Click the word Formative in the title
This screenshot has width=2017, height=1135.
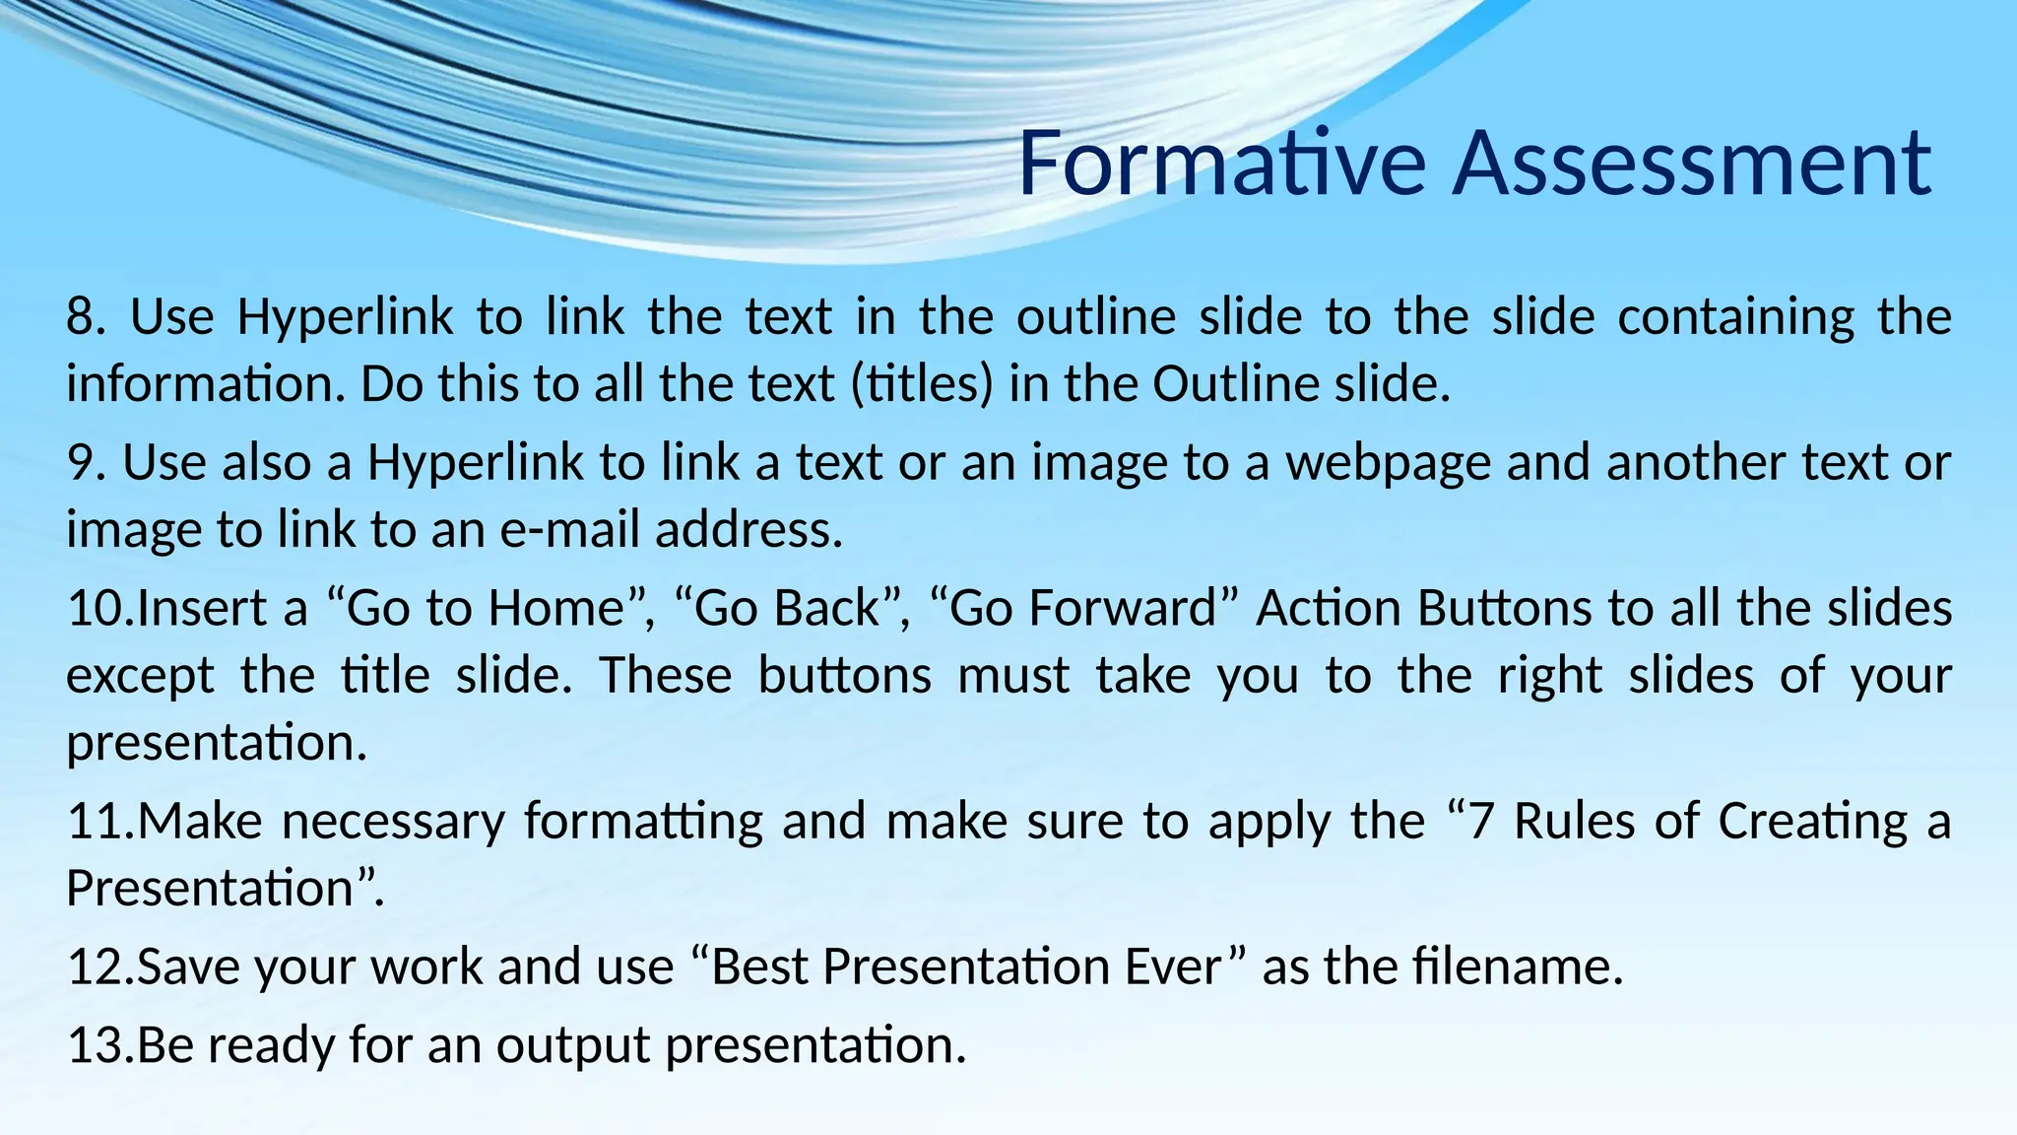pyautogui.click(x=1221, y=163)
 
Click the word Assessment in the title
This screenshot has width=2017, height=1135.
pyautogui.click(x=1691, y=163)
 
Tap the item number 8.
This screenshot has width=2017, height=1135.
pyautogui.click(x=85, y=317)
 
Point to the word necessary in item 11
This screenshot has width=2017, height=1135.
pyautogui.click(x=393, y=822)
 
